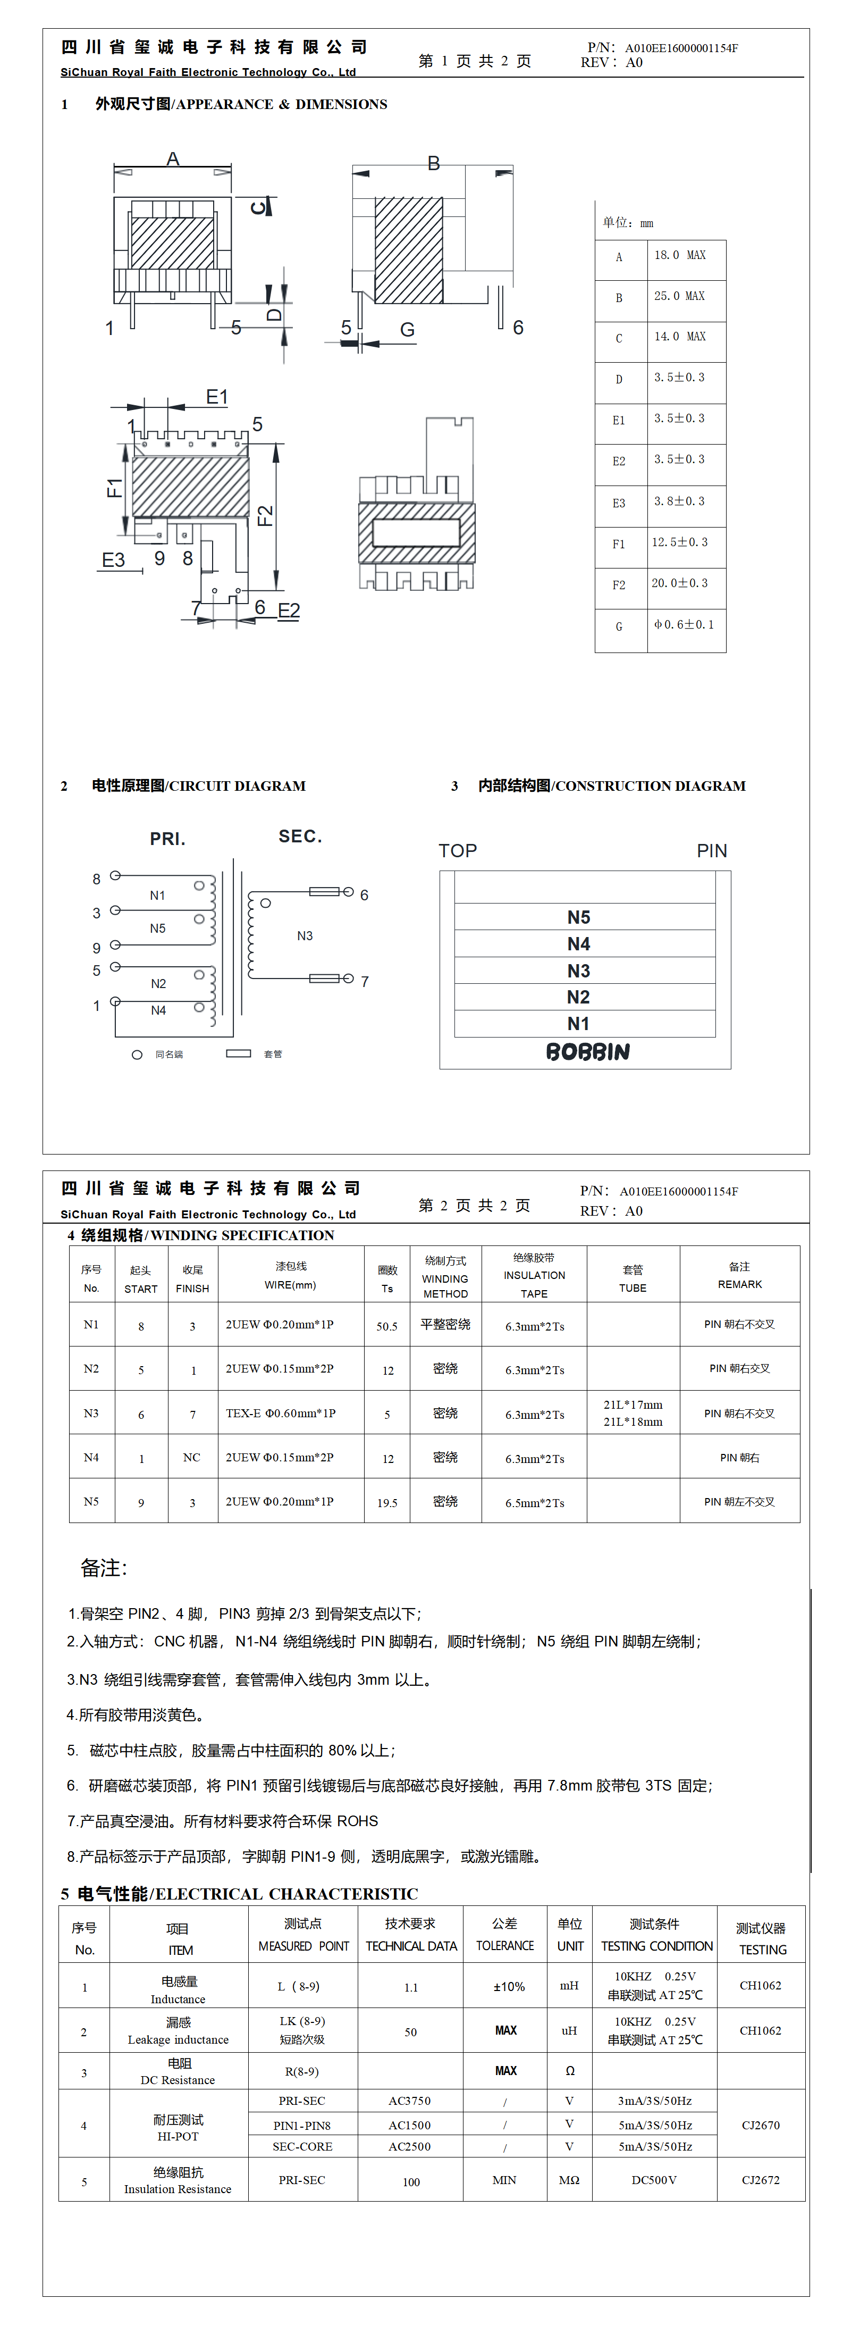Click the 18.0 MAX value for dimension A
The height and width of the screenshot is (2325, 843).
[x=680, y=255]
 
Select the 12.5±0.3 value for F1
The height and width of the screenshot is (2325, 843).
[x=680, y=542]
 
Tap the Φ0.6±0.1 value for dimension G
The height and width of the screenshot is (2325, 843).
[x=683, y=624]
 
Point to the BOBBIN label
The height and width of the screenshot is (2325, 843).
[x=587, y=1051]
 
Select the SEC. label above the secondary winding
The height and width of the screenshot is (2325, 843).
[x=300, y=837]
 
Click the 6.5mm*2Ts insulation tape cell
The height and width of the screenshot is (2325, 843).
[x=534, y=1503]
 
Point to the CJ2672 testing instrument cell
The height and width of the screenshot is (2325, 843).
[x=760, y=2180]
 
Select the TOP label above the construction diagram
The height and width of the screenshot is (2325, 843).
[x=458, y=851]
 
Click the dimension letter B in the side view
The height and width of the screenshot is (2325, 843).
[x=433, y=163]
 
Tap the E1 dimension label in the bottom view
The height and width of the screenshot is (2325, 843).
[x=217, y=397]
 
